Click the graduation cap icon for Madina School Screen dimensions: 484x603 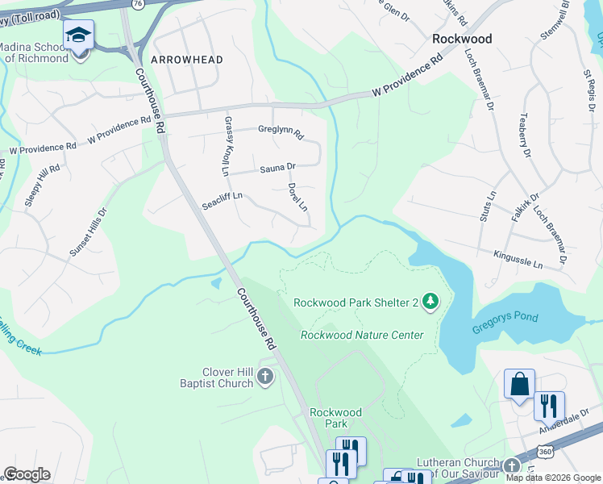coord(78,35)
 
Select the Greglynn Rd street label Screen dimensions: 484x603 coord(280,130)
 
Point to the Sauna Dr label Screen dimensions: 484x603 coord(277,168)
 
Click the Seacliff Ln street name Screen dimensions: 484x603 coord(222,201)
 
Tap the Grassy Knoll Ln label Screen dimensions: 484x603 coord(227,146)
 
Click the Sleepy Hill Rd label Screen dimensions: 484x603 coord(42,185)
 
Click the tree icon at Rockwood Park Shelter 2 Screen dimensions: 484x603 coord(431,302)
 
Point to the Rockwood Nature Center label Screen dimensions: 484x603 coord(361,335)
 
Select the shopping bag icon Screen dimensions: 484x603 coord(519,384)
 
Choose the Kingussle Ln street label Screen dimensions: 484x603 coord(529,259)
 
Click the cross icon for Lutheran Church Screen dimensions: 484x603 coord(511,466)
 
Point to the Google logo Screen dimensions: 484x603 coord(27,474)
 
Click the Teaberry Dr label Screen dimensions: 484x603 coord(526,134)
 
